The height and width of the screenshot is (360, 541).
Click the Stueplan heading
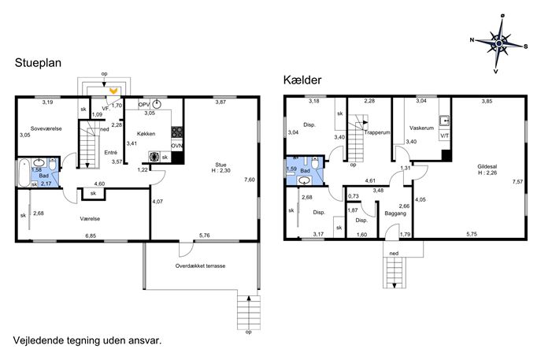click(x=38, y=63)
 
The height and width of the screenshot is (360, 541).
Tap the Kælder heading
click(x=302, y=80)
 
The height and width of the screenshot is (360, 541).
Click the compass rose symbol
click(x=499, y=43)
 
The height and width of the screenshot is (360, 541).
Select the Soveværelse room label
click(x=46, y=128)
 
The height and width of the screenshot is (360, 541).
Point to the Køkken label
click(x=146, y=134)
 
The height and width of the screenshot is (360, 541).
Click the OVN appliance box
click(x=177, y=146)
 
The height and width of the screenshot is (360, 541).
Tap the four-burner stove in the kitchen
click(x=177, y=132)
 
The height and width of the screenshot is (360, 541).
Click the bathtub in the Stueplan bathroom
click(x=24, y=173)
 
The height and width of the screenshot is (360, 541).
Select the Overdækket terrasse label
click(x=200, y=265)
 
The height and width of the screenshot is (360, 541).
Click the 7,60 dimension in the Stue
click(x=250, y=180)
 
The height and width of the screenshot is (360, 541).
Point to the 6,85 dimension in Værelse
click(x=91, y=236)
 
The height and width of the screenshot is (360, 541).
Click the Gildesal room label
click(x=487, y=167)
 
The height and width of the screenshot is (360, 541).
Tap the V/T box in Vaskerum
click(x=445, y=135)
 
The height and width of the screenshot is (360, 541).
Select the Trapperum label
click(x=377, y=132)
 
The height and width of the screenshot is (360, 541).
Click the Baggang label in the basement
click(x=395, y=213)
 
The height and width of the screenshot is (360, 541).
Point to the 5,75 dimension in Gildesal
click(x=472, y=234)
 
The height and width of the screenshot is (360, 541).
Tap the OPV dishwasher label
click(x=144, y=104)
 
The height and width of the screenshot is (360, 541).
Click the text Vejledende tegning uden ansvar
click(x=87, y=340)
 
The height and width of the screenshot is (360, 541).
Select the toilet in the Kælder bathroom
click(x=315, y=162)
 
